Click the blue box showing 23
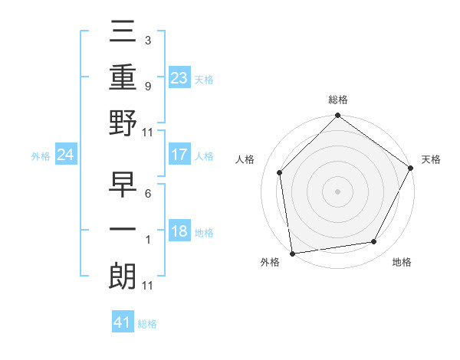point(179,77)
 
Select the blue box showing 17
point(179,155)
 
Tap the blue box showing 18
point(179,232)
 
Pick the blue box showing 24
point(66,155)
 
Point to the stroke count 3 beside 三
point(147,40)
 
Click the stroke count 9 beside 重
point(147,86)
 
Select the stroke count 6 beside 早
point(147,194)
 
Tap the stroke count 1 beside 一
point(147,240)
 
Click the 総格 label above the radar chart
point(337,100)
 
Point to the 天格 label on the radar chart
point(431,159)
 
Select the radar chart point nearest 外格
point(292,253)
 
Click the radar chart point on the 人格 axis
point(280,172)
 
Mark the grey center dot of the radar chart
point(337,191)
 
